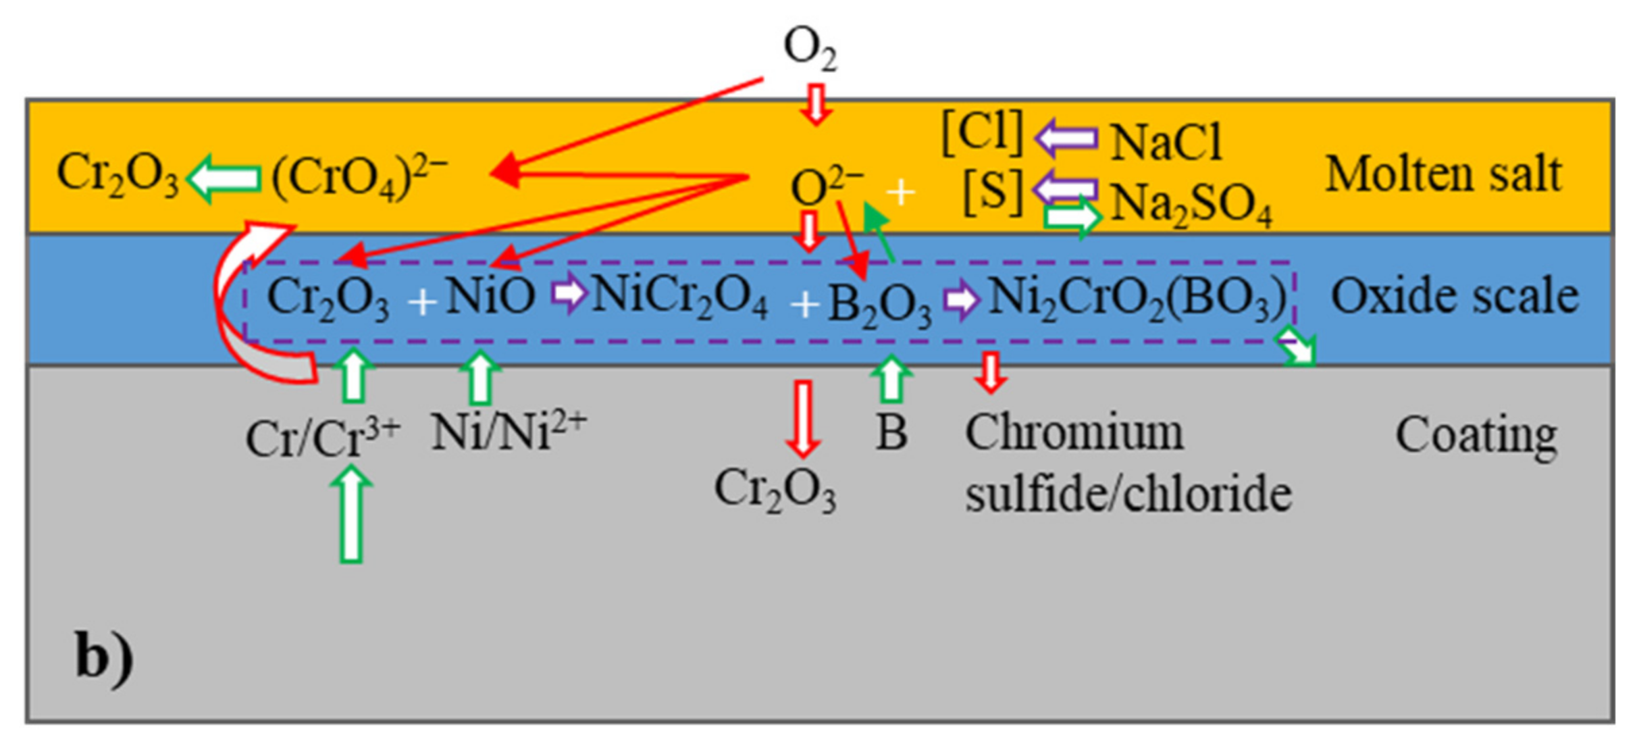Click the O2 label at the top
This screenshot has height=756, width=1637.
pyautogui.click(x=810, y=49)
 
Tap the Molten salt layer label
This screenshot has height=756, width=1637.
pyautogui.click(x=1444, y=174)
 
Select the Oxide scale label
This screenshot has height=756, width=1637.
pyautogui.click(x=1455, y=297)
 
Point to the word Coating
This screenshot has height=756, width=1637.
pyautogui.click(x=1476, y=435)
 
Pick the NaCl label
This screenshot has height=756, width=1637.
pyautogui.click(x=1166, y=143)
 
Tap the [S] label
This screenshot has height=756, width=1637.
pyautogui.click(x=993, y=192)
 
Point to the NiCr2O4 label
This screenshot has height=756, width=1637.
pyautogui.click(x=679, y=297)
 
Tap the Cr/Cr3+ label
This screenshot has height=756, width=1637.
pyautogui.click(x=323, y=438)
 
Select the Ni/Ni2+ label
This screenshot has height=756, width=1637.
pyautogui.click(x=509, y=431)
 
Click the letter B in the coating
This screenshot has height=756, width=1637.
pyautogui.click(x=891, y=432)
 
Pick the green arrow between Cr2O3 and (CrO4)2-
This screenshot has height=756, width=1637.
pyautogui.click(x=224, y=178)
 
